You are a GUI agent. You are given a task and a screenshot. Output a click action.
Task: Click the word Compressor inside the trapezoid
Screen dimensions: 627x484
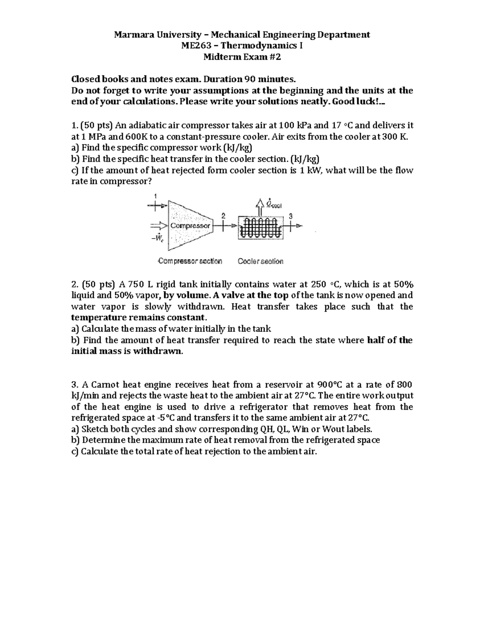(x=191, y=226)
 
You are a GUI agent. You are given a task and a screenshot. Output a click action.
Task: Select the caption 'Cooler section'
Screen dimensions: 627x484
(x=261, y=261)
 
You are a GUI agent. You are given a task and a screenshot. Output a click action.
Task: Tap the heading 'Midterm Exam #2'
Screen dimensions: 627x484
(x=242, y=57)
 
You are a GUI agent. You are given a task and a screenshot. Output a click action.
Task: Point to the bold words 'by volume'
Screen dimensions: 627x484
(x=185, y=295)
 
